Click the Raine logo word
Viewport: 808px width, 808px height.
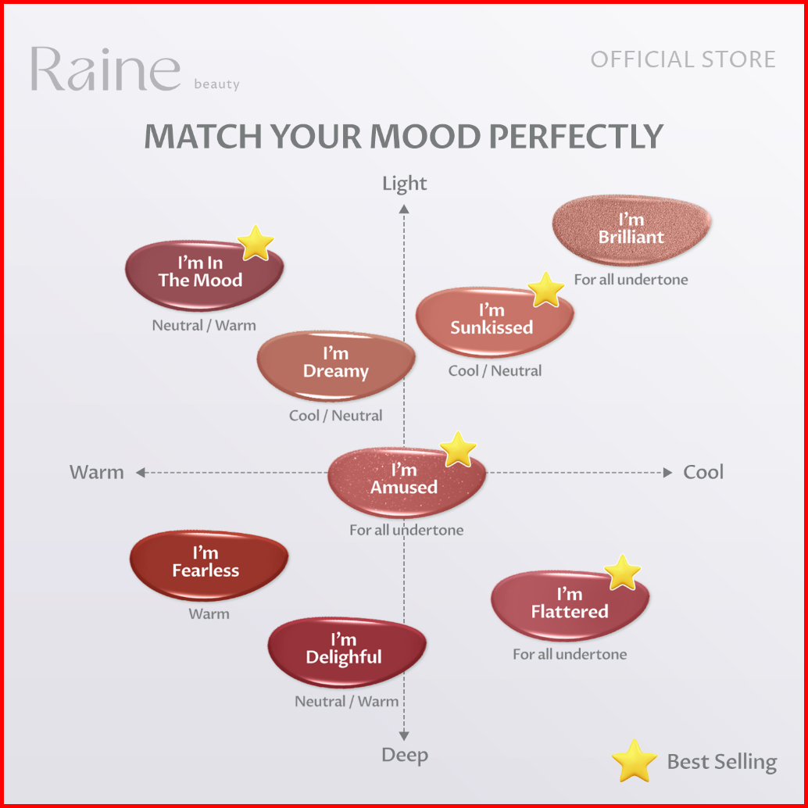pos(105,70)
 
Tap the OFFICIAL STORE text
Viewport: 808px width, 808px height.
pos(683,59)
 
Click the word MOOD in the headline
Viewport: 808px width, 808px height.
pos(427,137)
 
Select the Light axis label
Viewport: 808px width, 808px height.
pos(404,184)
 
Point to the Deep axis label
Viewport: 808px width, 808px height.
pos(404,755)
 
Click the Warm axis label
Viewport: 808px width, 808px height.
pos(96,472)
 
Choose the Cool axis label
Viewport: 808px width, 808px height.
pos(703,472)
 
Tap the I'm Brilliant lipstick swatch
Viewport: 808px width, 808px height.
pos(631,228)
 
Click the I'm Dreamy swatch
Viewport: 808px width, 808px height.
pos(336,363)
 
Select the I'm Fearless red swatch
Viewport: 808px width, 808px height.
pos(207,563)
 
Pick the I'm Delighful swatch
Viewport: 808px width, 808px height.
pos(345,650)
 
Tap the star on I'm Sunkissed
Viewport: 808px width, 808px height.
pos(546,290)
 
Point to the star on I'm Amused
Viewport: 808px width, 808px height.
pos(458,449)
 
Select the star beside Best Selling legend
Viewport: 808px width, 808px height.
pos(634,760)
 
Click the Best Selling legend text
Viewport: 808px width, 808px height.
pos(721,762)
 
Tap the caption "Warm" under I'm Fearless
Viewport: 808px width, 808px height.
pos(209,614)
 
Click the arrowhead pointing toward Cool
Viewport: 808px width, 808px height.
pos(667,472)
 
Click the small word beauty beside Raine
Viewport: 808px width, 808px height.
pos(216,84)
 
